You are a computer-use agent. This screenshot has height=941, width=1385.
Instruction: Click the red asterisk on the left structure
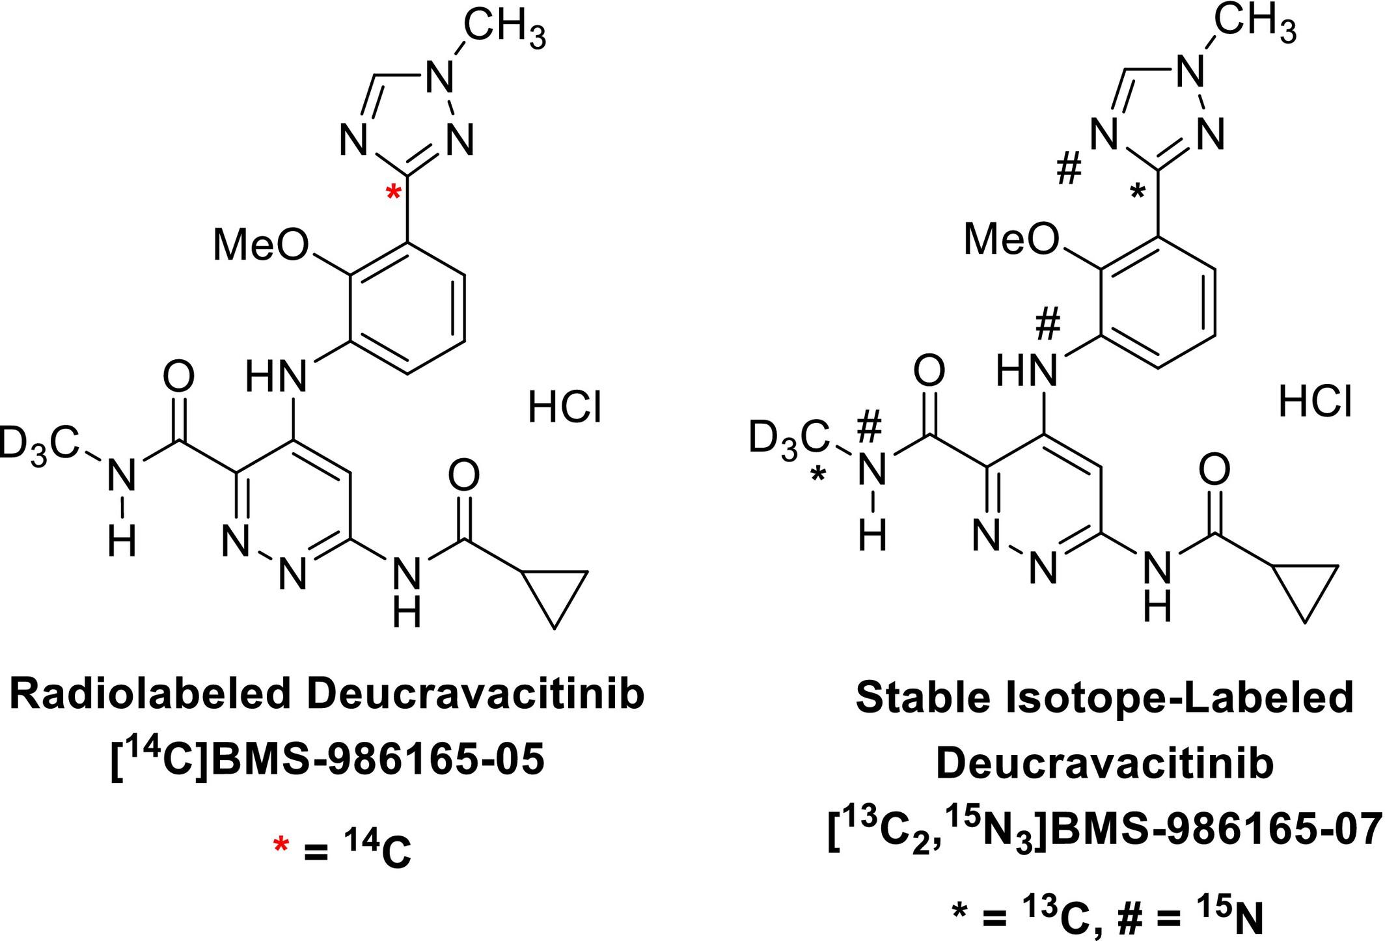pyautogui.click(x=393, y=193)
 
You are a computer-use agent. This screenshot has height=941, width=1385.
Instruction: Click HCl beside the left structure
pyautogui.click(x=564, y=409)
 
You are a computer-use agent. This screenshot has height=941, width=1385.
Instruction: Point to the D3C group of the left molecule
pyautogui.click(x=39, y=445)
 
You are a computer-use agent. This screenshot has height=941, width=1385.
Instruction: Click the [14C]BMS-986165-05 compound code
pyautogui.click(x=327, y=760)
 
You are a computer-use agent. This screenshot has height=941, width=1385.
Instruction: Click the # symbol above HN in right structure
pyautogui.click(x=1047, y=325)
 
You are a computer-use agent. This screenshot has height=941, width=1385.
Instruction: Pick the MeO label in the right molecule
pyautogui.click(x=1011, y=239)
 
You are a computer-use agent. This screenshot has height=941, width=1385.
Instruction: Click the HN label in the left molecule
pyautogui.click(x=276, y=376)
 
